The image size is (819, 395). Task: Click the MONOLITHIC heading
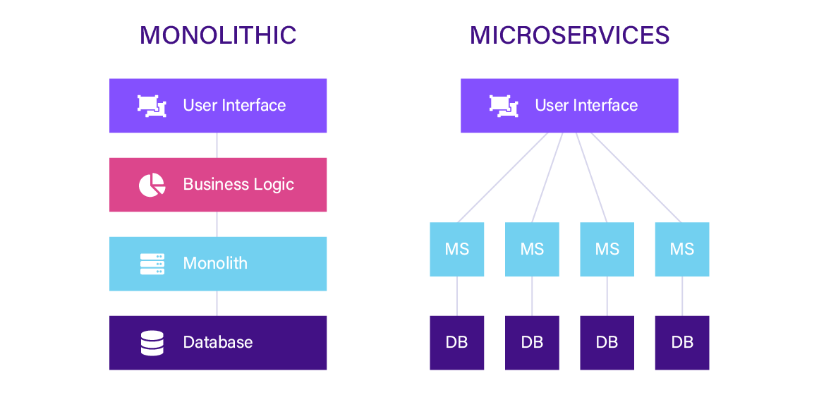tap(218, 35)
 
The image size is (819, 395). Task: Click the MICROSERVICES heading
tap(569, 35)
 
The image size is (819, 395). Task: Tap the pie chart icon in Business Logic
tap(152, 185)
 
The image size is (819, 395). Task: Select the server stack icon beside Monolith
tap(152, 264)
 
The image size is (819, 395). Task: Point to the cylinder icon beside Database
tap(152, 343)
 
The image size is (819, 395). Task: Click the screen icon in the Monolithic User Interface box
tap(152, 106)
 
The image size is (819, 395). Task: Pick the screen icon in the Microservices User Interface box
tap(504, 106)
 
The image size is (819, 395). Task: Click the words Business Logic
tap(238, 185)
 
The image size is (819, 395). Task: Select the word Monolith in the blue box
tap(215, 264)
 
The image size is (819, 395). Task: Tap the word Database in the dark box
tap(218, 343)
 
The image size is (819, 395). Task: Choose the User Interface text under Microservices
tap(586, 106)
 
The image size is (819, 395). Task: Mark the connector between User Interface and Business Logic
tap(217, 145)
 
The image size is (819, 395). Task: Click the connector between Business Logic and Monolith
tap(217, 224)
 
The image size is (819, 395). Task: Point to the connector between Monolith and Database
tap(217, 303)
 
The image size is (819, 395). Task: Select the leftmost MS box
tap(457, 249)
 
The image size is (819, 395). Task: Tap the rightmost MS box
tap(682, 249)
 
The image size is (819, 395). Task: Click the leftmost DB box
tap(457, 343)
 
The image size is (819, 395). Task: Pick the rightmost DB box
tap(682, 343)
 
